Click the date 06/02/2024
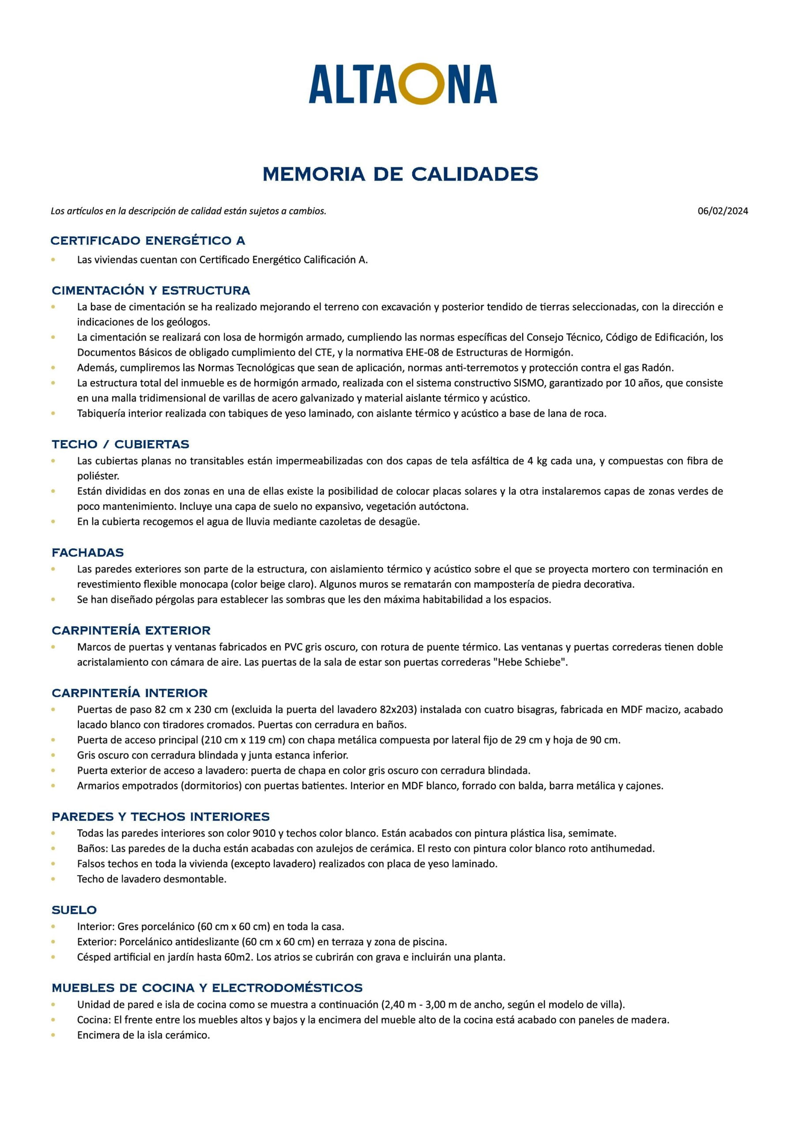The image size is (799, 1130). (722, 211)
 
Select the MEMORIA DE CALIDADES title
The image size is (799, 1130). (400, 174)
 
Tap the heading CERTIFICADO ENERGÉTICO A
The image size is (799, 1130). (148, 241)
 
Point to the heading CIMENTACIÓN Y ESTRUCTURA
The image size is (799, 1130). (151, 290)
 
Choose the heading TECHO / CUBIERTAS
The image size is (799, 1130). (120, 444)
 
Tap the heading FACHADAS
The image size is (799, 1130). (88, 553)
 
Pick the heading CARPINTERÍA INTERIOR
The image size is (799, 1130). (129, 693)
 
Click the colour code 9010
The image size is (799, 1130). (264, 833)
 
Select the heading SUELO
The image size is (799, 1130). (74, 910)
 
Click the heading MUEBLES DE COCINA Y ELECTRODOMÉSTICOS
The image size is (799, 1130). (207, 988)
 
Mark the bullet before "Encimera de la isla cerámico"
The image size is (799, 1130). (53, 1035)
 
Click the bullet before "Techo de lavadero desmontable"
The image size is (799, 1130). (53, 879)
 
